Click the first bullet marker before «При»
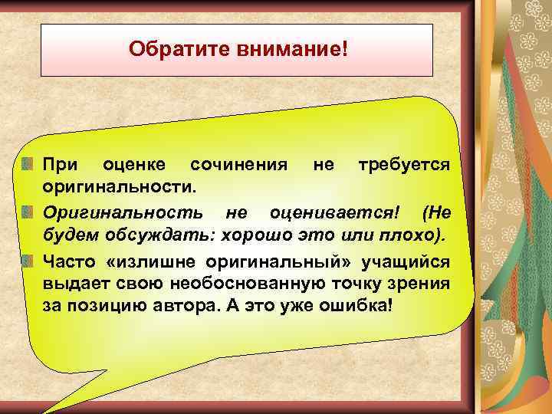click(x=31, y=165)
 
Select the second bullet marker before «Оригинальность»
click(x=31, y=210)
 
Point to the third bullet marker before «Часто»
click(x=31, y=261)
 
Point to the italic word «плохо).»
click(x=416, y=232)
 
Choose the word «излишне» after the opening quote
click(x=165, y=261)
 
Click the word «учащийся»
click(x=412, y=261)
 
